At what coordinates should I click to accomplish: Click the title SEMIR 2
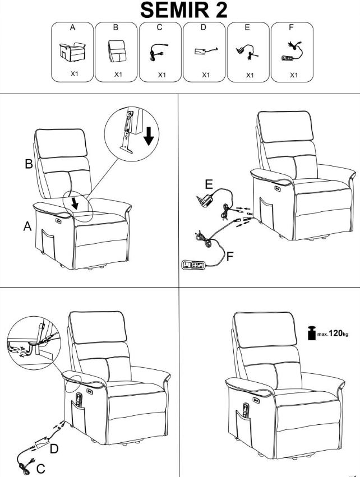point(183,10)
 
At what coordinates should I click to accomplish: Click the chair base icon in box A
point(72,52)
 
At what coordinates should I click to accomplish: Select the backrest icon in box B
point(117,51)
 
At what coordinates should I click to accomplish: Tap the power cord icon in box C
point(159,52)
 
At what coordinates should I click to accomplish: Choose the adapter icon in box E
point(247,52)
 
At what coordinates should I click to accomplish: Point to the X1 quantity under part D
point(206,75)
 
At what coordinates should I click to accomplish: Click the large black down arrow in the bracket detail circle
point(149,137)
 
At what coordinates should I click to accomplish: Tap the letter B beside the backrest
point(29,164)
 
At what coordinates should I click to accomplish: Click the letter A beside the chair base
point(27,226)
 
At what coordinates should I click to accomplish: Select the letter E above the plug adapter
point(209,184)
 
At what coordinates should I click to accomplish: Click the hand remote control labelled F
point(194,265)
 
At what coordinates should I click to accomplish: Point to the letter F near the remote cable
point(230,257)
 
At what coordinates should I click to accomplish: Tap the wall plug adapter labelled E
point(205,199)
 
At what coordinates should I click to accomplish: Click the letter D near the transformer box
point(54,449)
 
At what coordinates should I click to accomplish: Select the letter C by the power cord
point(41,469)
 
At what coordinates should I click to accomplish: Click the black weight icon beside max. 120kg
point(312,333)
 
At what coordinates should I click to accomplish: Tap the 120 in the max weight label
point(336,333)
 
